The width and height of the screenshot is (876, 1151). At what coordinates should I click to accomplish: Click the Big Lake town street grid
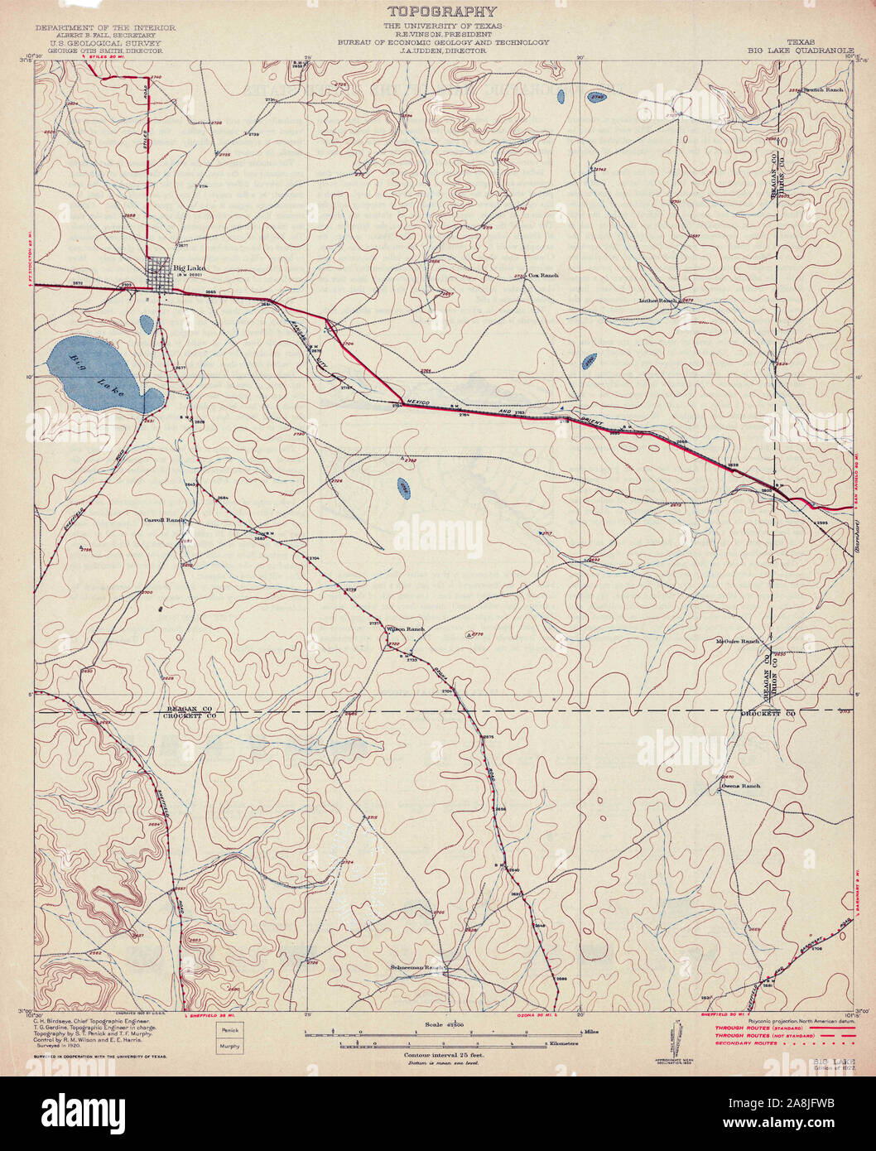159,272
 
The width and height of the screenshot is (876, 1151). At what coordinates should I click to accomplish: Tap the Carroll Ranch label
162,520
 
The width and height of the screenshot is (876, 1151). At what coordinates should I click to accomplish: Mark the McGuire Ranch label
738,641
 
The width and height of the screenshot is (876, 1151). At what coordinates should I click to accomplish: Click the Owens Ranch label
740,785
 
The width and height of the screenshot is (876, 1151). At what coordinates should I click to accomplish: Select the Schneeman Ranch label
419,966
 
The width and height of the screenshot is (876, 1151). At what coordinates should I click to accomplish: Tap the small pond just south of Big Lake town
147,323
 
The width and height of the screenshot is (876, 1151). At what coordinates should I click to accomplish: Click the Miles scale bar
447,1033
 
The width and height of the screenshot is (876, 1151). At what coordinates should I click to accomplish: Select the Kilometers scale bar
443,1045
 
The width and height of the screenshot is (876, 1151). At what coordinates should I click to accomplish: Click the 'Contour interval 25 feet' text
444,1056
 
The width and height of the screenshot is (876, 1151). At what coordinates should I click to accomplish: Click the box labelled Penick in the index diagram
229,1029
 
